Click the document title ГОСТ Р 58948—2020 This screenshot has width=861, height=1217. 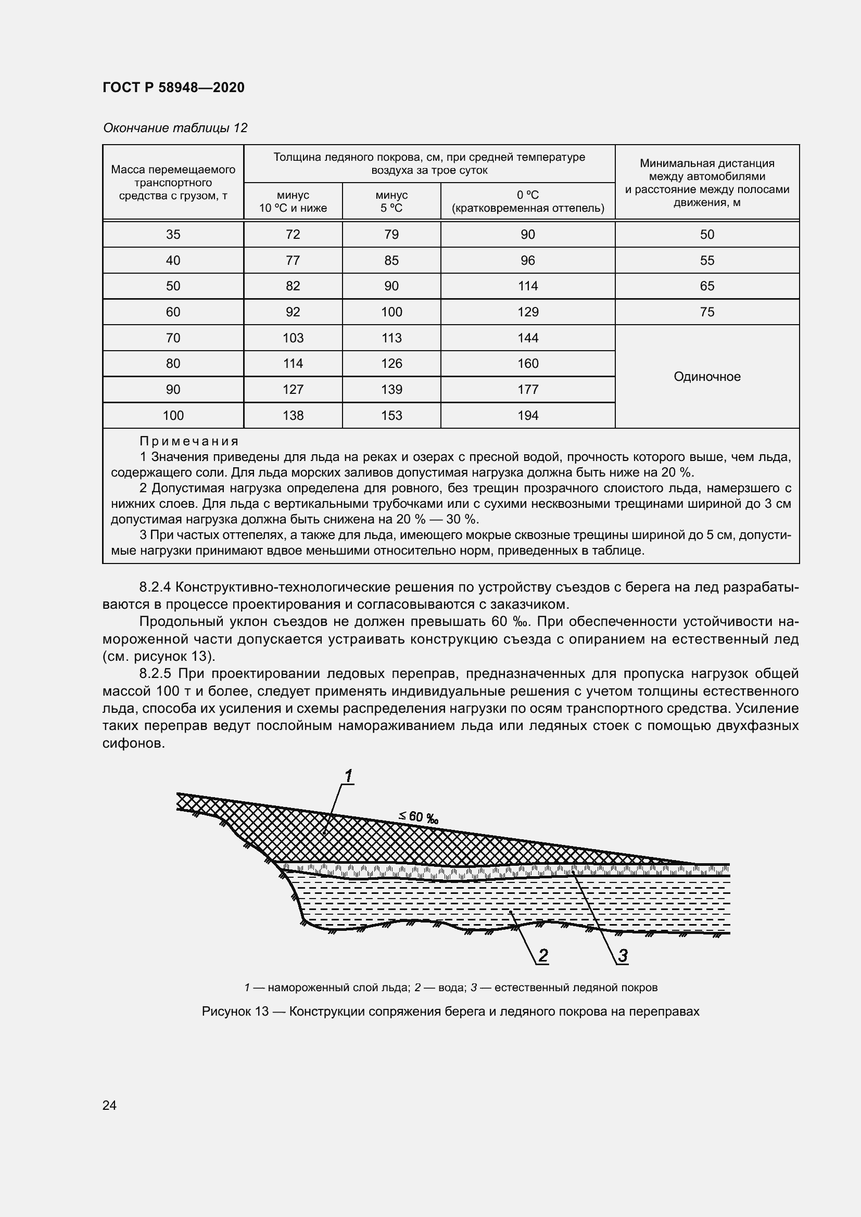[x=173, y=87]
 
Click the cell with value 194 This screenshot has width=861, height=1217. [x=527, y=416]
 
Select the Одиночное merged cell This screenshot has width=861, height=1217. [x=707, y=377]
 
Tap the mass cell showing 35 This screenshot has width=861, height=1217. [x=173, y=234]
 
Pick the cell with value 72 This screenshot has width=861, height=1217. [x=293, y=234]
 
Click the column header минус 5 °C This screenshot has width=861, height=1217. [x=391, y=201]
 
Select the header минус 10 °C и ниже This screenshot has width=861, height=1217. [x=293, y=201]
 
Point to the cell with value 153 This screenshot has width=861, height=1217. [x=391, y=416]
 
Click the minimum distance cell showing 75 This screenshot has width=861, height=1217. [x=707, y=312]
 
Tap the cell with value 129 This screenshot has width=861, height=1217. [x=527, y=312]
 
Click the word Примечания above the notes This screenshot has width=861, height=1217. [x=189, y=441]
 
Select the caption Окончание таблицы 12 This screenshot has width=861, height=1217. [x=175, y=128]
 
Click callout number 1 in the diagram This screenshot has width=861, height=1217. [x=348, y=776]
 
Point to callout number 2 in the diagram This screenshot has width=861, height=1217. [x=543, y=955]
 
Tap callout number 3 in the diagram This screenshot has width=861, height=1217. [x=623, y=955]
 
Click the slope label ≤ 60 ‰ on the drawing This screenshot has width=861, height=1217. [x=419, y=817]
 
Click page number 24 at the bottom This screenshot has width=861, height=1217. [x=109, y=1105]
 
